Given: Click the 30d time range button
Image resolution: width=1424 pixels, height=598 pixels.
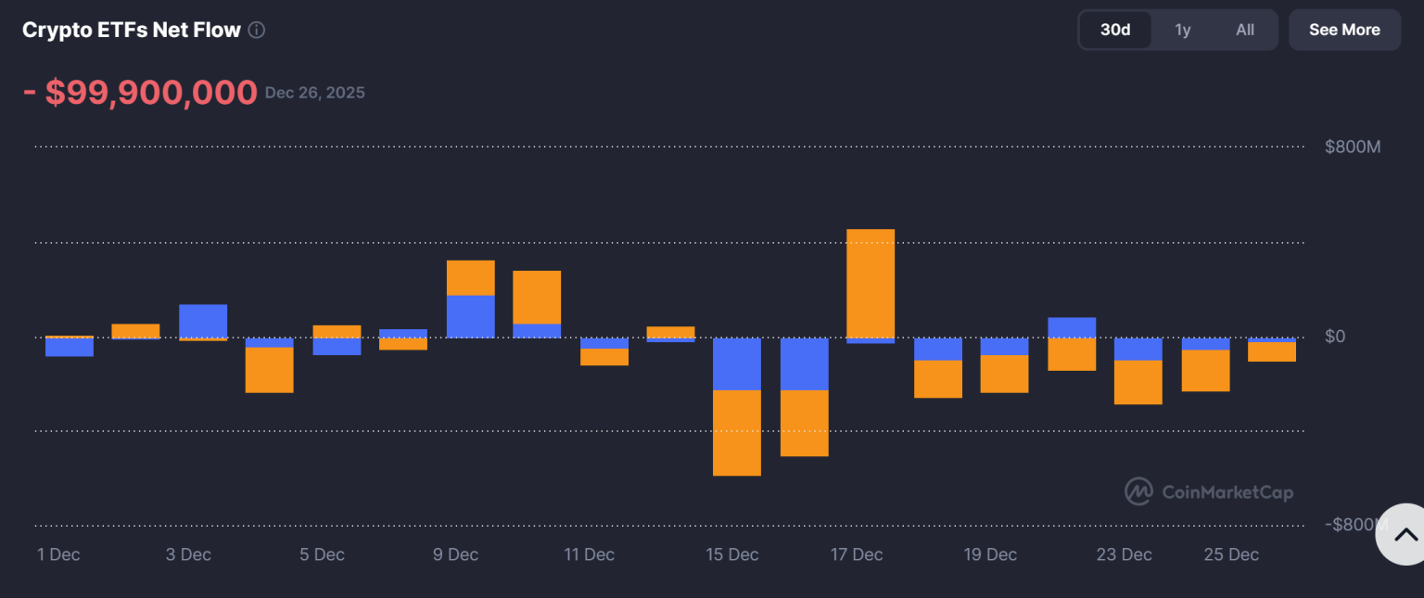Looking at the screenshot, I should point(1115,30).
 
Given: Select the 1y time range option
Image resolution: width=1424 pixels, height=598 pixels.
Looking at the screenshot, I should point(1182,30).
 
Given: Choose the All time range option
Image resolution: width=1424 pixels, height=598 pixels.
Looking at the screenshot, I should point(1244,30).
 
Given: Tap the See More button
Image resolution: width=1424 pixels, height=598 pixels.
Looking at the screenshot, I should point(1344,30).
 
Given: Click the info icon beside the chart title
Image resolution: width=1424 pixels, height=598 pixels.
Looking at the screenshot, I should point(257,30).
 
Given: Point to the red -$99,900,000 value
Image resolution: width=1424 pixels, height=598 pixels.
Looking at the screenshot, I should point(140,93).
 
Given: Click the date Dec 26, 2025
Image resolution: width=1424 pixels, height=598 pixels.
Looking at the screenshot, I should point(314,93).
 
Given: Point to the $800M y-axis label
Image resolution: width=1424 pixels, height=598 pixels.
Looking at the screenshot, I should point(1353,146).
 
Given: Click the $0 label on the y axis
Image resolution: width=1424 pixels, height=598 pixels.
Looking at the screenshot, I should point(1334,336).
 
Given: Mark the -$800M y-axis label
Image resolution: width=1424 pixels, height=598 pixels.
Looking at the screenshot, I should point(1353,525).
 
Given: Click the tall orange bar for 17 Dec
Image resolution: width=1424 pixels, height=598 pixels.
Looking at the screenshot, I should point(871,283).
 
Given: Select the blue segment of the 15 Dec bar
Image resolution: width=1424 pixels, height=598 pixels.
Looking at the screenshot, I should point(737,363).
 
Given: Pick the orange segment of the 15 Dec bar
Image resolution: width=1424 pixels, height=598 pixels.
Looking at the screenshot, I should point(737,433).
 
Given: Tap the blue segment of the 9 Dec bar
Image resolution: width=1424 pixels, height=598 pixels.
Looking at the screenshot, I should point(471,316).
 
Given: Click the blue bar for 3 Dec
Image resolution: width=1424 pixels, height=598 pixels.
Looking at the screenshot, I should point(203,321).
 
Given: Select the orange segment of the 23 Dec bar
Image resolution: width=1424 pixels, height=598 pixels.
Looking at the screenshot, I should point(1138,382).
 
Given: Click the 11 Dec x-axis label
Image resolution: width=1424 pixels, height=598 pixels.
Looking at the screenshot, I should point(589,554).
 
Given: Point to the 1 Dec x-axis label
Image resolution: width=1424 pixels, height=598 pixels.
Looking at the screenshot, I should point(58,554).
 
